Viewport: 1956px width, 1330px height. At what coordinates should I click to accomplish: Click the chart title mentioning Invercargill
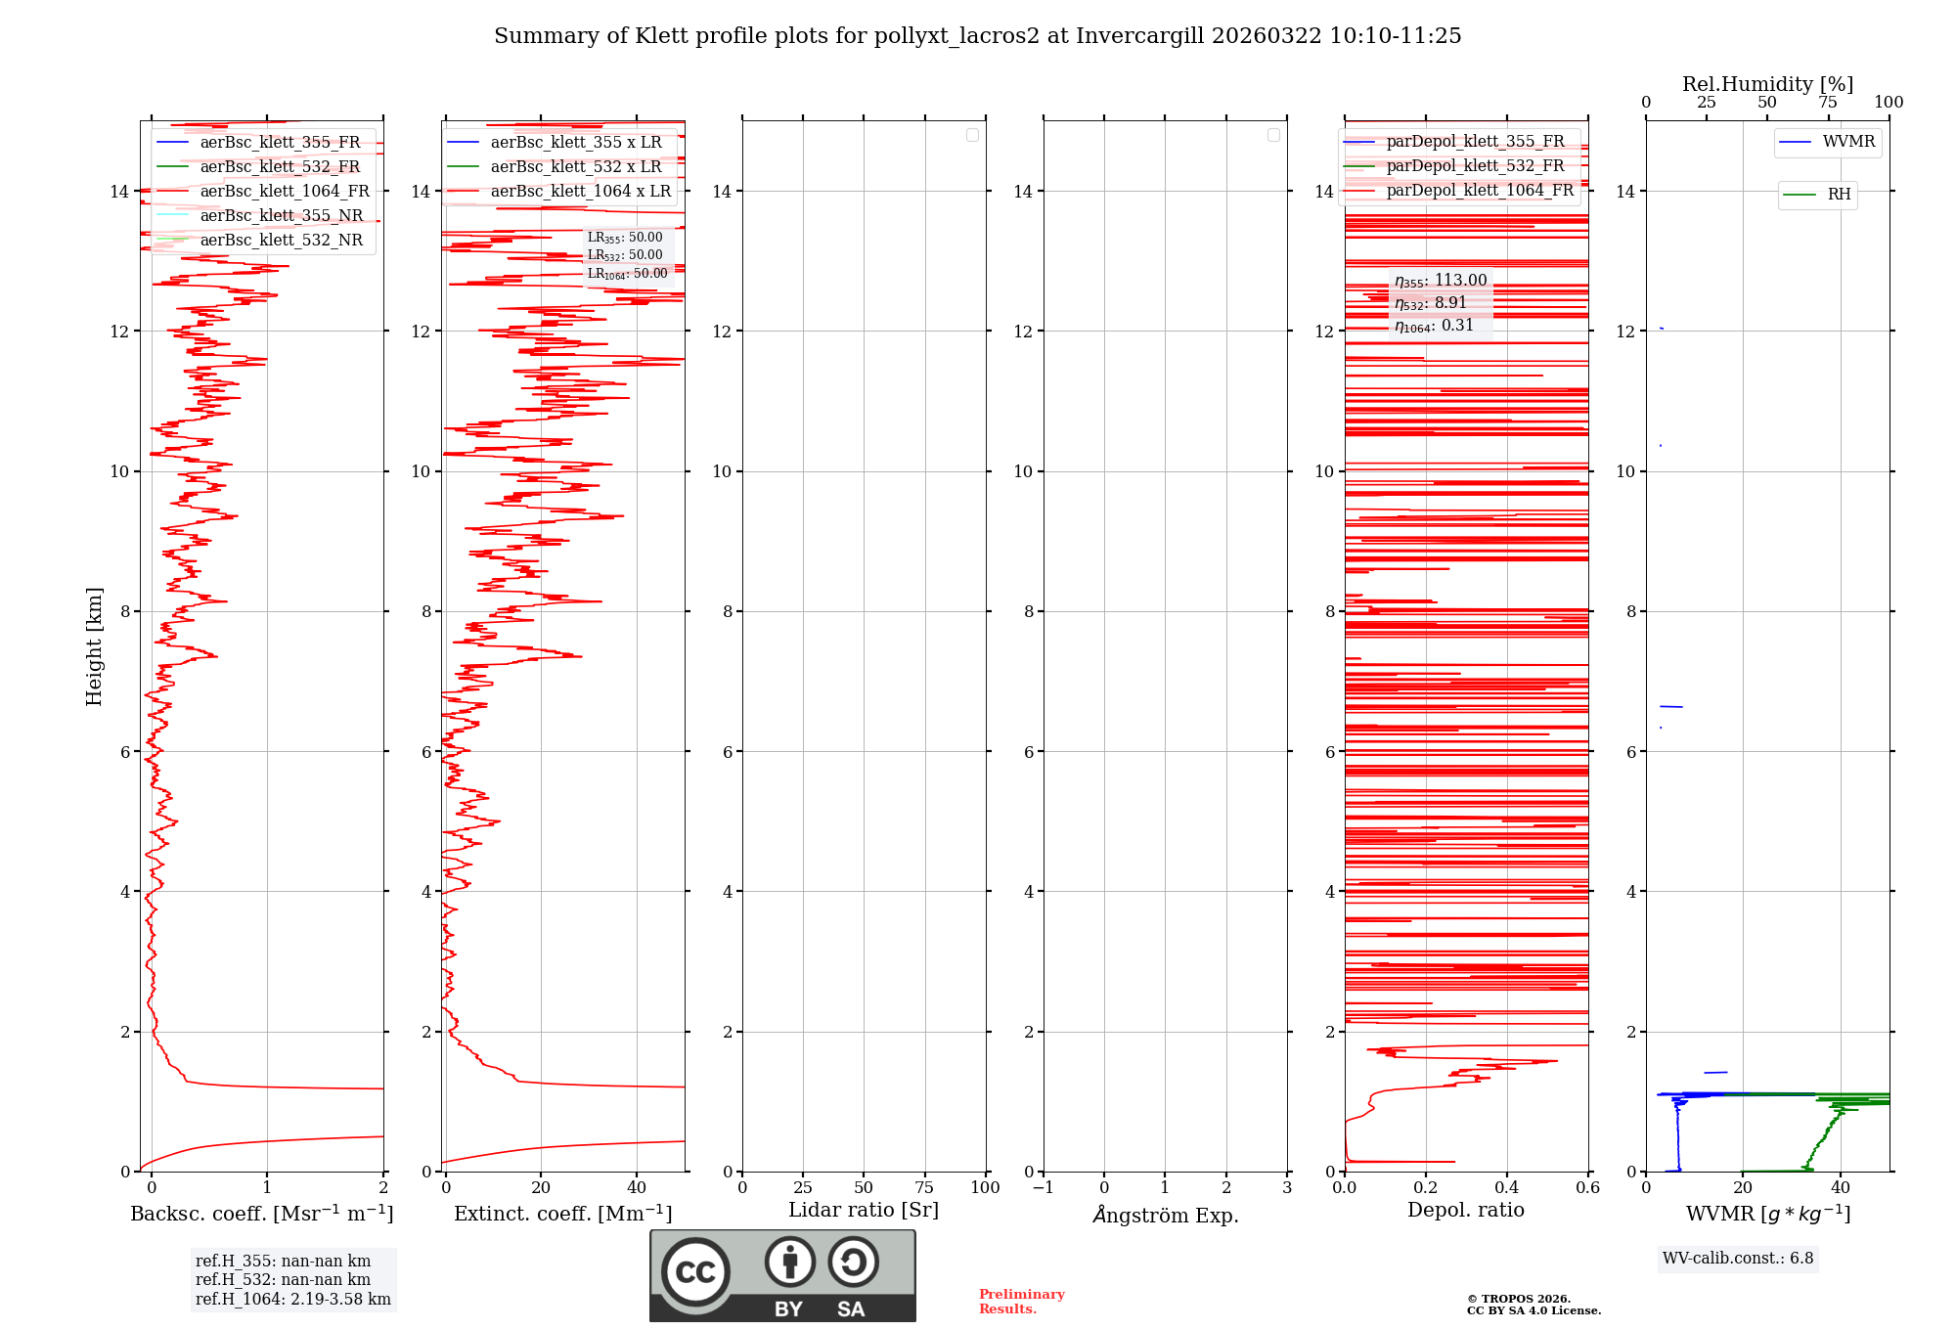977,36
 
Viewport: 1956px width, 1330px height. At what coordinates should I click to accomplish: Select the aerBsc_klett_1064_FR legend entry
284,192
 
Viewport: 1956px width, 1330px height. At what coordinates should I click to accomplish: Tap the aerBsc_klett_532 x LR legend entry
575,167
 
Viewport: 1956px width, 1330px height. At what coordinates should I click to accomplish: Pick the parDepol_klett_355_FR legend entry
1475,142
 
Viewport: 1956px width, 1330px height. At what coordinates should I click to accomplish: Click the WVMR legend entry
1847,142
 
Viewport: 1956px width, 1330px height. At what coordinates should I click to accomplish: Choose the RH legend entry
1838,195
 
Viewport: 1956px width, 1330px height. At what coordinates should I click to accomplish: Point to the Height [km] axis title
94,646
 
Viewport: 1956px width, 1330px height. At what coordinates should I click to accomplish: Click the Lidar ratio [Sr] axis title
864,1211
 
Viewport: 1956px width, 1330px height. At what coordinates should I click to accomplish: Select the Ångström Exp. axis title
1165,1216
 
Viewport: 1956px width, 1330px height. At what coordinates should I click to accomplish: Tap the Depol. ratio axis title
1465,1211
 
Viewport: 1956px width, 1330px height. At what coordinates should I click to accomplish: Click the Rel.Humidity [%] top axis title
1767,85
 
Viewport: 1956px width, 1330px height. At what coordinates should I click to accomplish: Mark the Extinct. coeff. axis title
562,1215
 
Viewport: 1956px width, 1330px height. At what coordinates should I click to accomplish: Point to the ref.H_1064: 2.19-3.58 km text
292,1300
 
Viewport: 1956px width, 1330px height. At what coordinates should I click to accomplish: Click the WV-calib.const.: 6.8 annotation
1738,1259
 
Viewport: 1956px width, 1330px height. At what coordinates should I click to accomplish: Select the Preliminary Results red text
1021,1302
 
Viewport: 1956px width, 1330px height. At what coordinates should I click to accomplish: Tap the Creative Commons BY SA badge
782,1275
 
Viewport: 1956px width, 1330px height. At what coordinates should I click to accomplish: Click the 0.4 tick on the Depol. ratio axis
1507,1188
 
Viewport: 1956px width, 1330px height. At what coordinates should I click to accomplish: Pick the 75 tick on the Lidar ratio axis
924,1188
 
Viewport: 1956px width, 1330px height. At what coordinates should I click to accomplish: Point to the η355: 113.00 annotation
1441,281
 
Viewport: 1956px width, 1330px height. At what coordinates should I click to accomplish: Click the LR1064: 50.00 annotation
627,274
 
